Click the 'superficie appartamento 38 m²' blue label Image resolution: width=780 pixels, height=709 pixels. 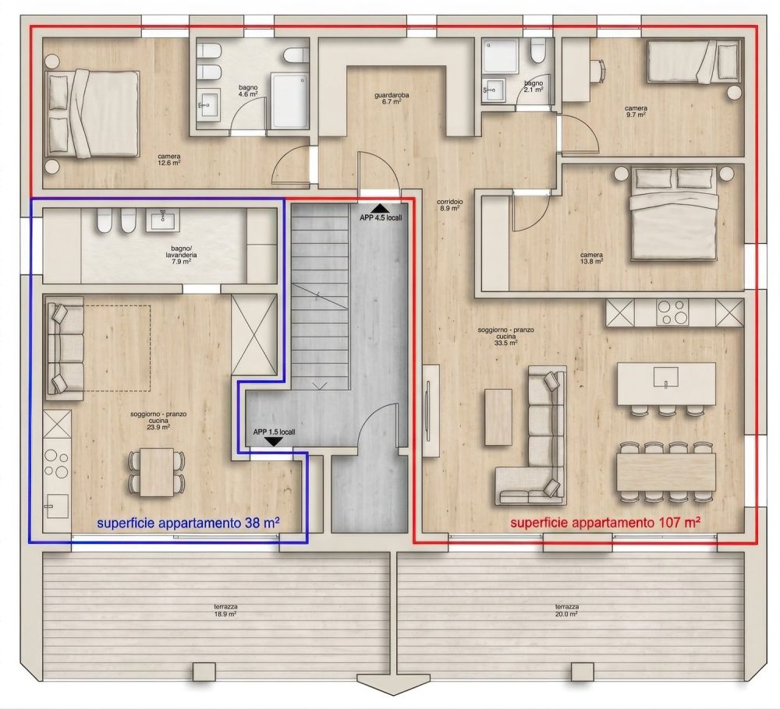(188, 524)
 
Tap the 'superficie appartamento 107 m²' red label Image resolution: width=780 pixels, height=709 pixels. (604, 523)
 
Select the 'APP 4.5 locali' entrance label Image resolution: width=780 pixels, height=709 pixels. (381, 217)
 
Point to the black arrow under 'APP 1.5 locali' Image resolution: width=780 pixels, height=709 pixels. (273, 442)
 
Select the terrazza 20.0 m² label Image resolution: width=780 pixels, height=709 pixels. (566, 610)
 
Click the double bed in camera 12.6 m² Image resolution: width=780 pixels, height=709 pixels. (94, 112)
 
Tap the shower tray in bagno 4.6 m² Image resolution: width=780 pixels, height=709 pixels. (291, 100)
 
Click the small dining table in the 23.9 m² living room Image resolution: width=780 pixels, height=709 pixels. (157, 472)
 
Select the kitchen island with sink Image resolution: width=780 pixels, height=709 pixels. (665, 383)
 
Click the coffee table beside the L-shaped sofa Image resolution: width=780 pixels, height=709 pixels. (498, 416)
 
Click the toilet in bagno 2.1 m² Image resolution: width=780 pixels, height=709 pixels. (537, 53)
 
